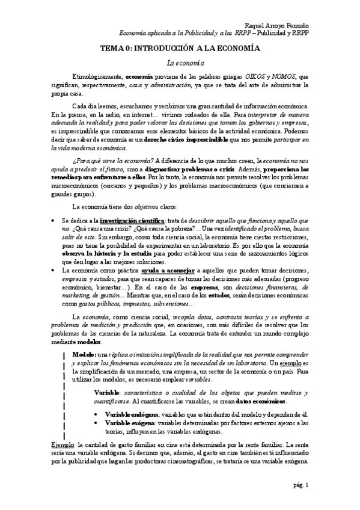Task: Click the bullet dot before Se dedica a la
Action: point(54,221)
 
